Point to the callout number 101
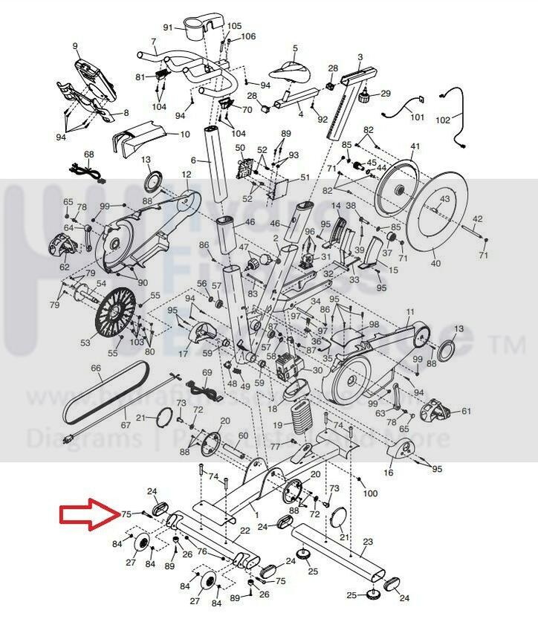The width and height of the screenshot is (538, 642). point(417,117)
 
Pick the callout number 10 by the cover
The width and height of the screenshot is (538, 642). point(185,134)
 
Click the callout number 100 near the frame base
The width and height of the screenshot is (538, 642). point(370,493)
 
